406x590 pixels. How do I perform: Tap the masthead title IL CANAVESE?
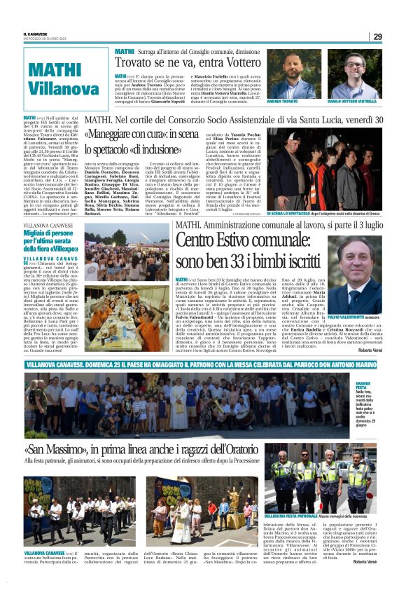coord(35,33)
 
